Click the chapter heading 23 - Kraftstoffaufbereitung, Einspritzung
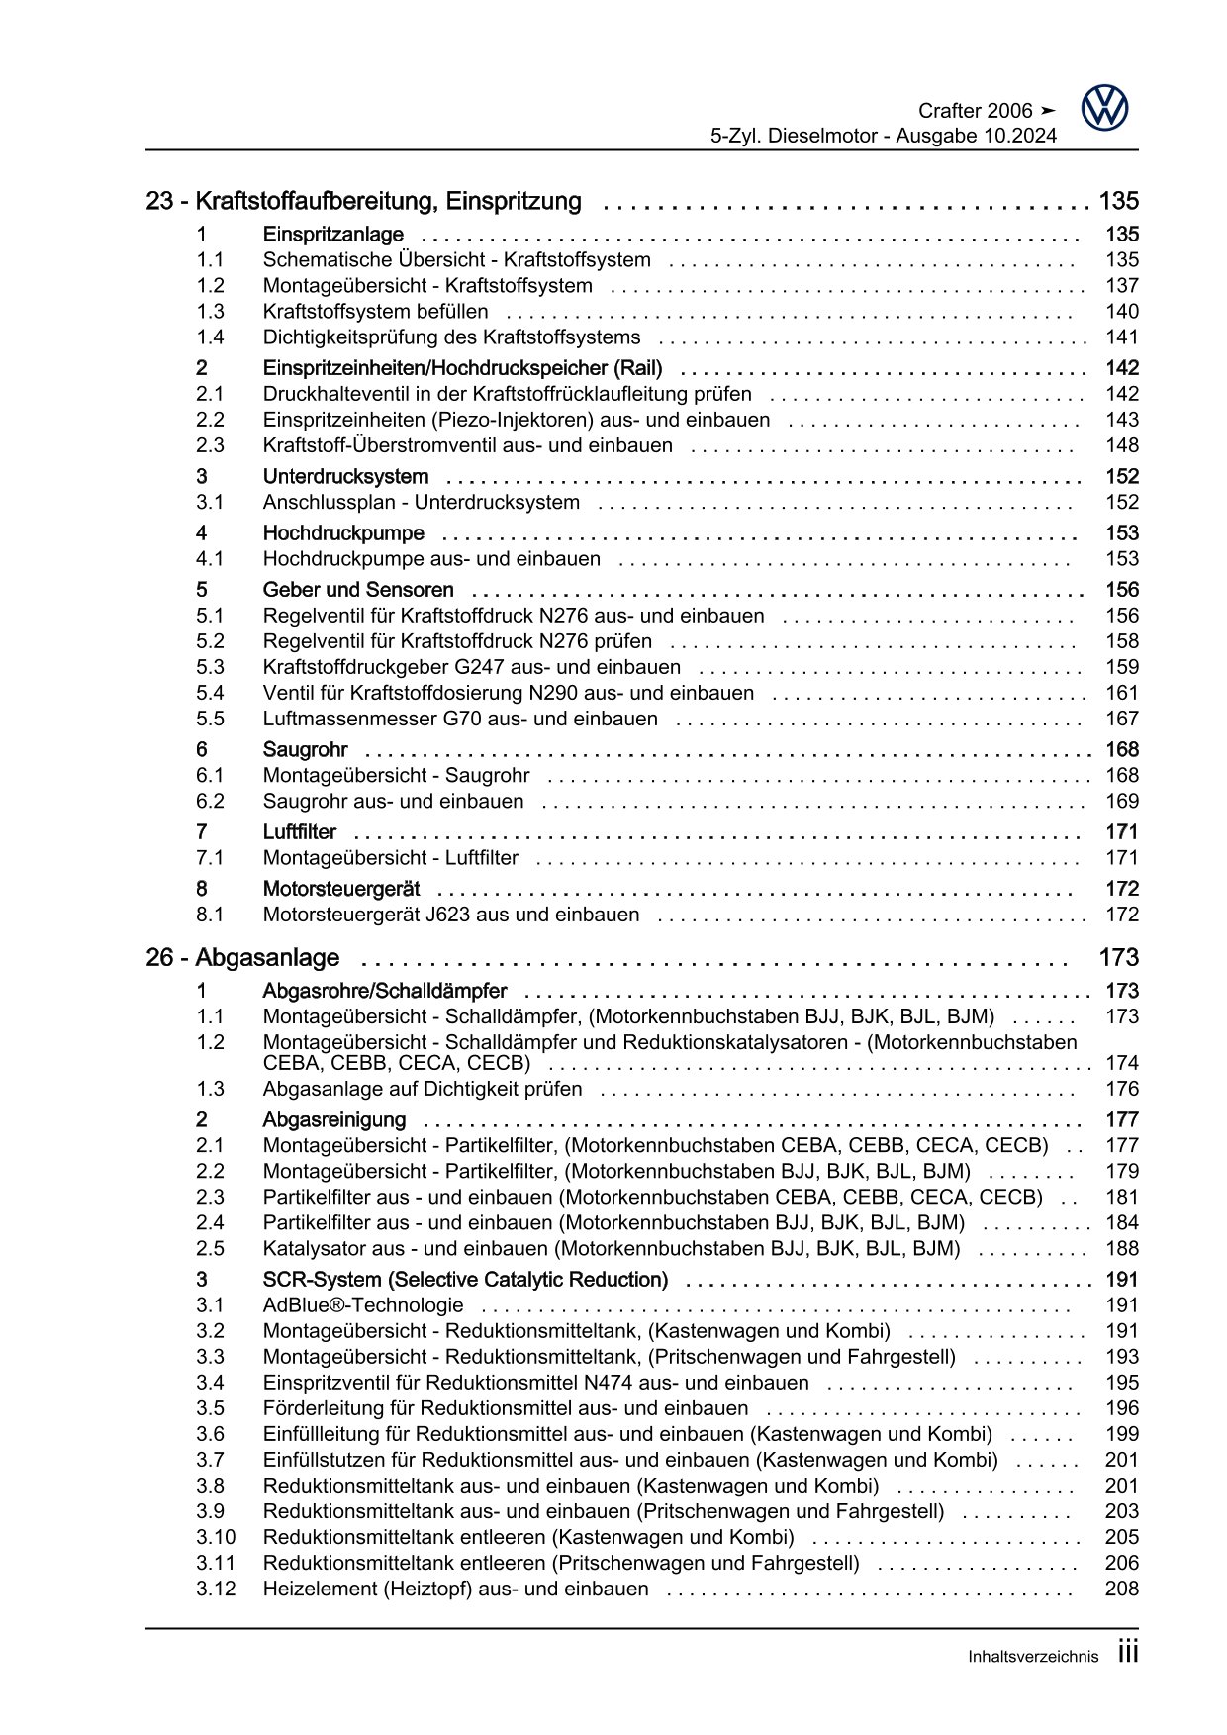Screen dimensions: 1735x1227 (363, 202)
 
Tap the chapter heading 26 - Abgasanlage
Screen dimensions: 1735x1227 (242, 958)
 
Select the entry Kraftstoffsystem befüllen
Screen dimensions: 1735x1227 (375, 312)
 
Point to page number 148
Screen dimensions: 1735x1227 (1122, 446)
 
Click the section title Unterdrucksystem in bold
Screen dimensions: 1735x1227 (345, 477)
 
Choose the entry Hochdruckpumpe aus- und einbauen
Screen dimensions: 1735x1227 (431, 559)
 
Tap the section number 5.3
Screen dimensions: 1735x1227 (210, 668)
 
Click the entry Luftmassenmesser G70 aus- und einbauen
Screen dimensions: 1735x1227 (460, 720)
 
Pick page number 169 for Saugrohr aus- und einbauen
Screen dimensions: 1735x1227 (1122, 802)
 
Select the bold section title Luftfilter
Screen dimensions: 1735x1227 (299, 832)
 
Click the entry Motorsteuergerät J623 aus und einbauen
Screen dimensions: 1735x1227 (451, 916)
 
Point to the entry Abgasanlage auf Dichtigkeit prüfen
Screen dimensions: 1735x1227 (423, 1090)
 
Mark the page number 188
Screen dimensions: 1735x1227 (1122, 1249)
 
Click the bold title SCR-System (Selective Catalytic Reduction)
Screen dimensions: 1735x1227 (465, 1280)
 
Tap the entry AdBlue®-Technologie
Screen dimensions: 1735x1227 (363, 1305)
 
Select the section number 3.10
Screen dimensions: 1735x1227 (216, 1537)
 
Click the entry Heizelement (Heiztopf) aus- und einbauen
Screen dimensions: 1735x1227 (455, 1589)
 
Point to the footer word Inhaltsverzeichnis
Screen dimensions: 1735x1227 (1033, 1657)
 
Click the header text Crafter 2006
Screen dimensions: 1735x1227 (975, 111)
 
